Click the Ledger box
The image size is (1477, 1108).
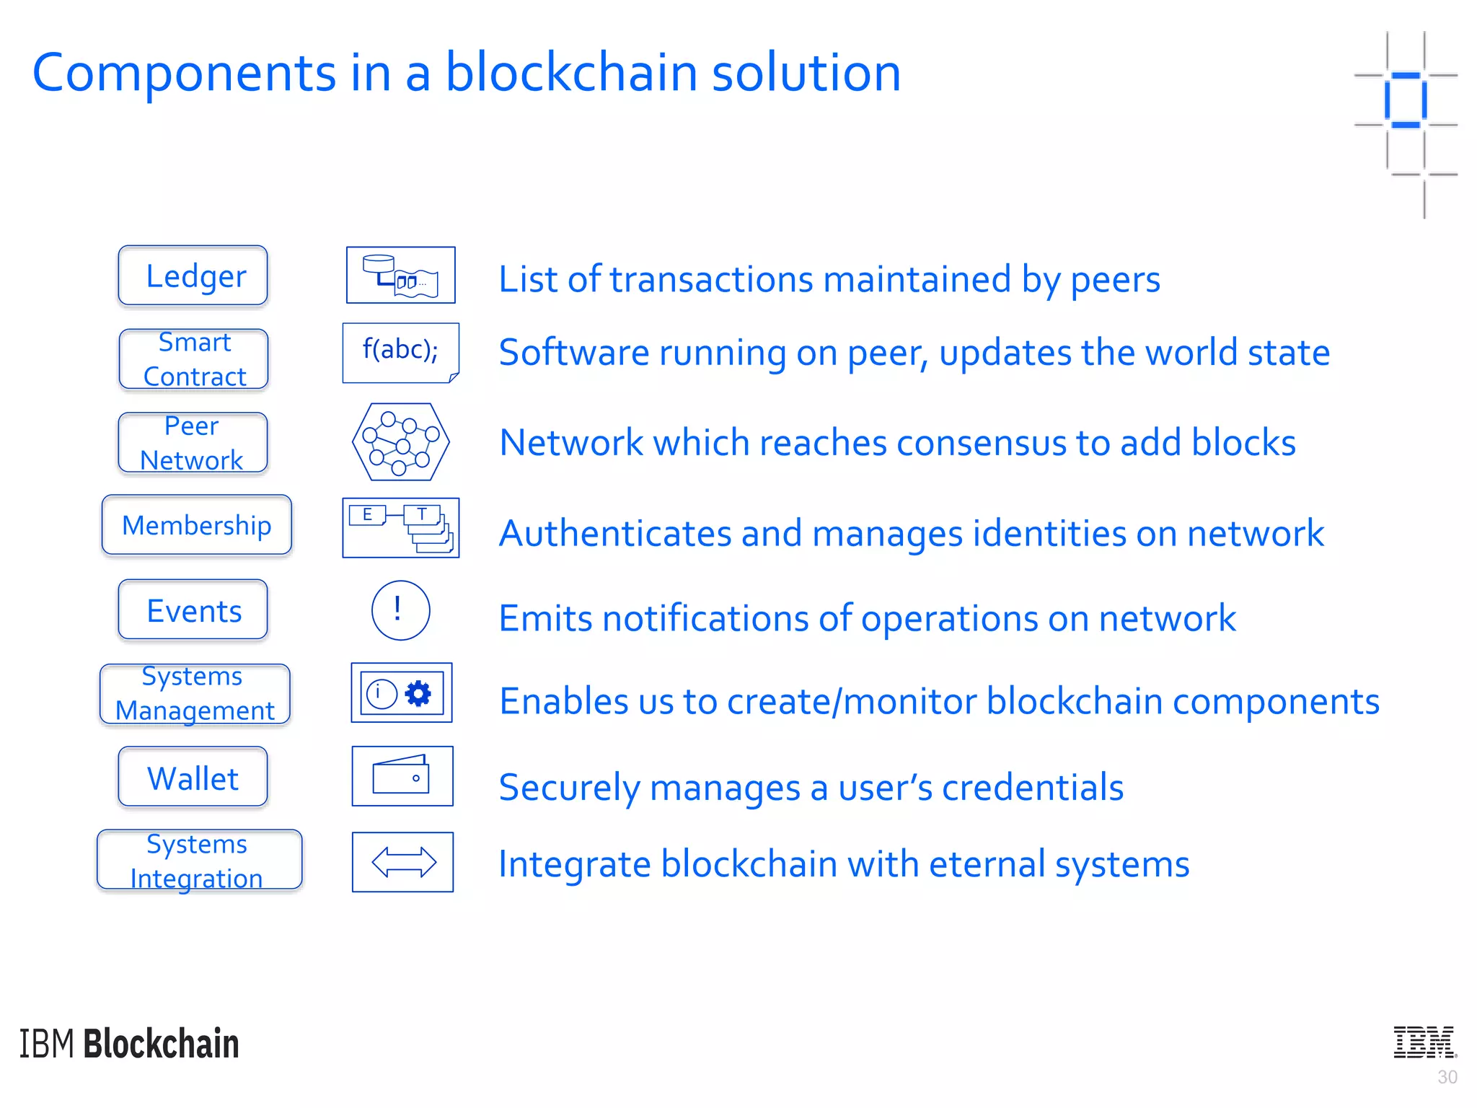(x=193, y=276)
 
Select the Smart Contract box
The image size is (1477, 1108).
(x=193, y=359)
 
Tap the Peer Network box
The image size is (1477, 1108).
(x=193, y=443)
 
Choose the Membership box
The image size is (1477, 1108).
(x=196, y=525)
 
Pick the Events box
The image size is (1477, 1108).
(x=193, y=610)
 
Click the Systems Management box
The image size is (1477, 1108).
(x=195, y=694)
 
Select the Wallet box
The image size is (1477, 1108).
(x=193, y=777)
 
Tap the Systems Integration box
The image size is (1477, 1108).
(x=199, y=861)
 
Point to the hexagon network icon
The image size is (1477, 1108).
(x=400, y=442)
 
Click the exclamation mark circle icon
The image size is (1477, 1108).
(x=400, y=610)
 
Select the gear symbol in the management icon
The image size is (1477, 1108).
(x=418, y=693)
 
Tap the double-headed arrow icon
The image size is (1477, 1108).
(x=403, y=862)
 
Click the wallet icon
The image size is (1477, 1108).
(x=402, y=776)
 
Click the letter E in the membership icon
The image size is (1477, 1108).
(x=367, y=514)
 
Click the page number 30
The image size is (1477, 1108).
(x=1447, y=1077)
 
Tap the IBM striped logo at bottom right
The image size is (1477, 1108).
(x=1424, y=1042)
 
